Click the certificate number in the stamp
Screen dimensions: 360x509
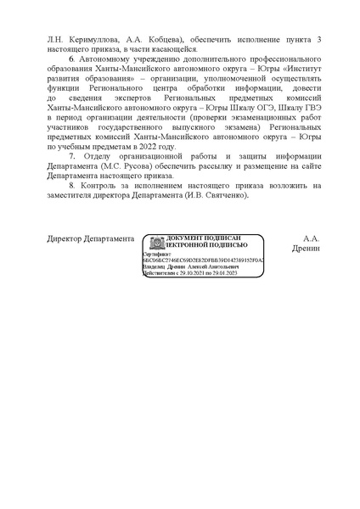[202, 259]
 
